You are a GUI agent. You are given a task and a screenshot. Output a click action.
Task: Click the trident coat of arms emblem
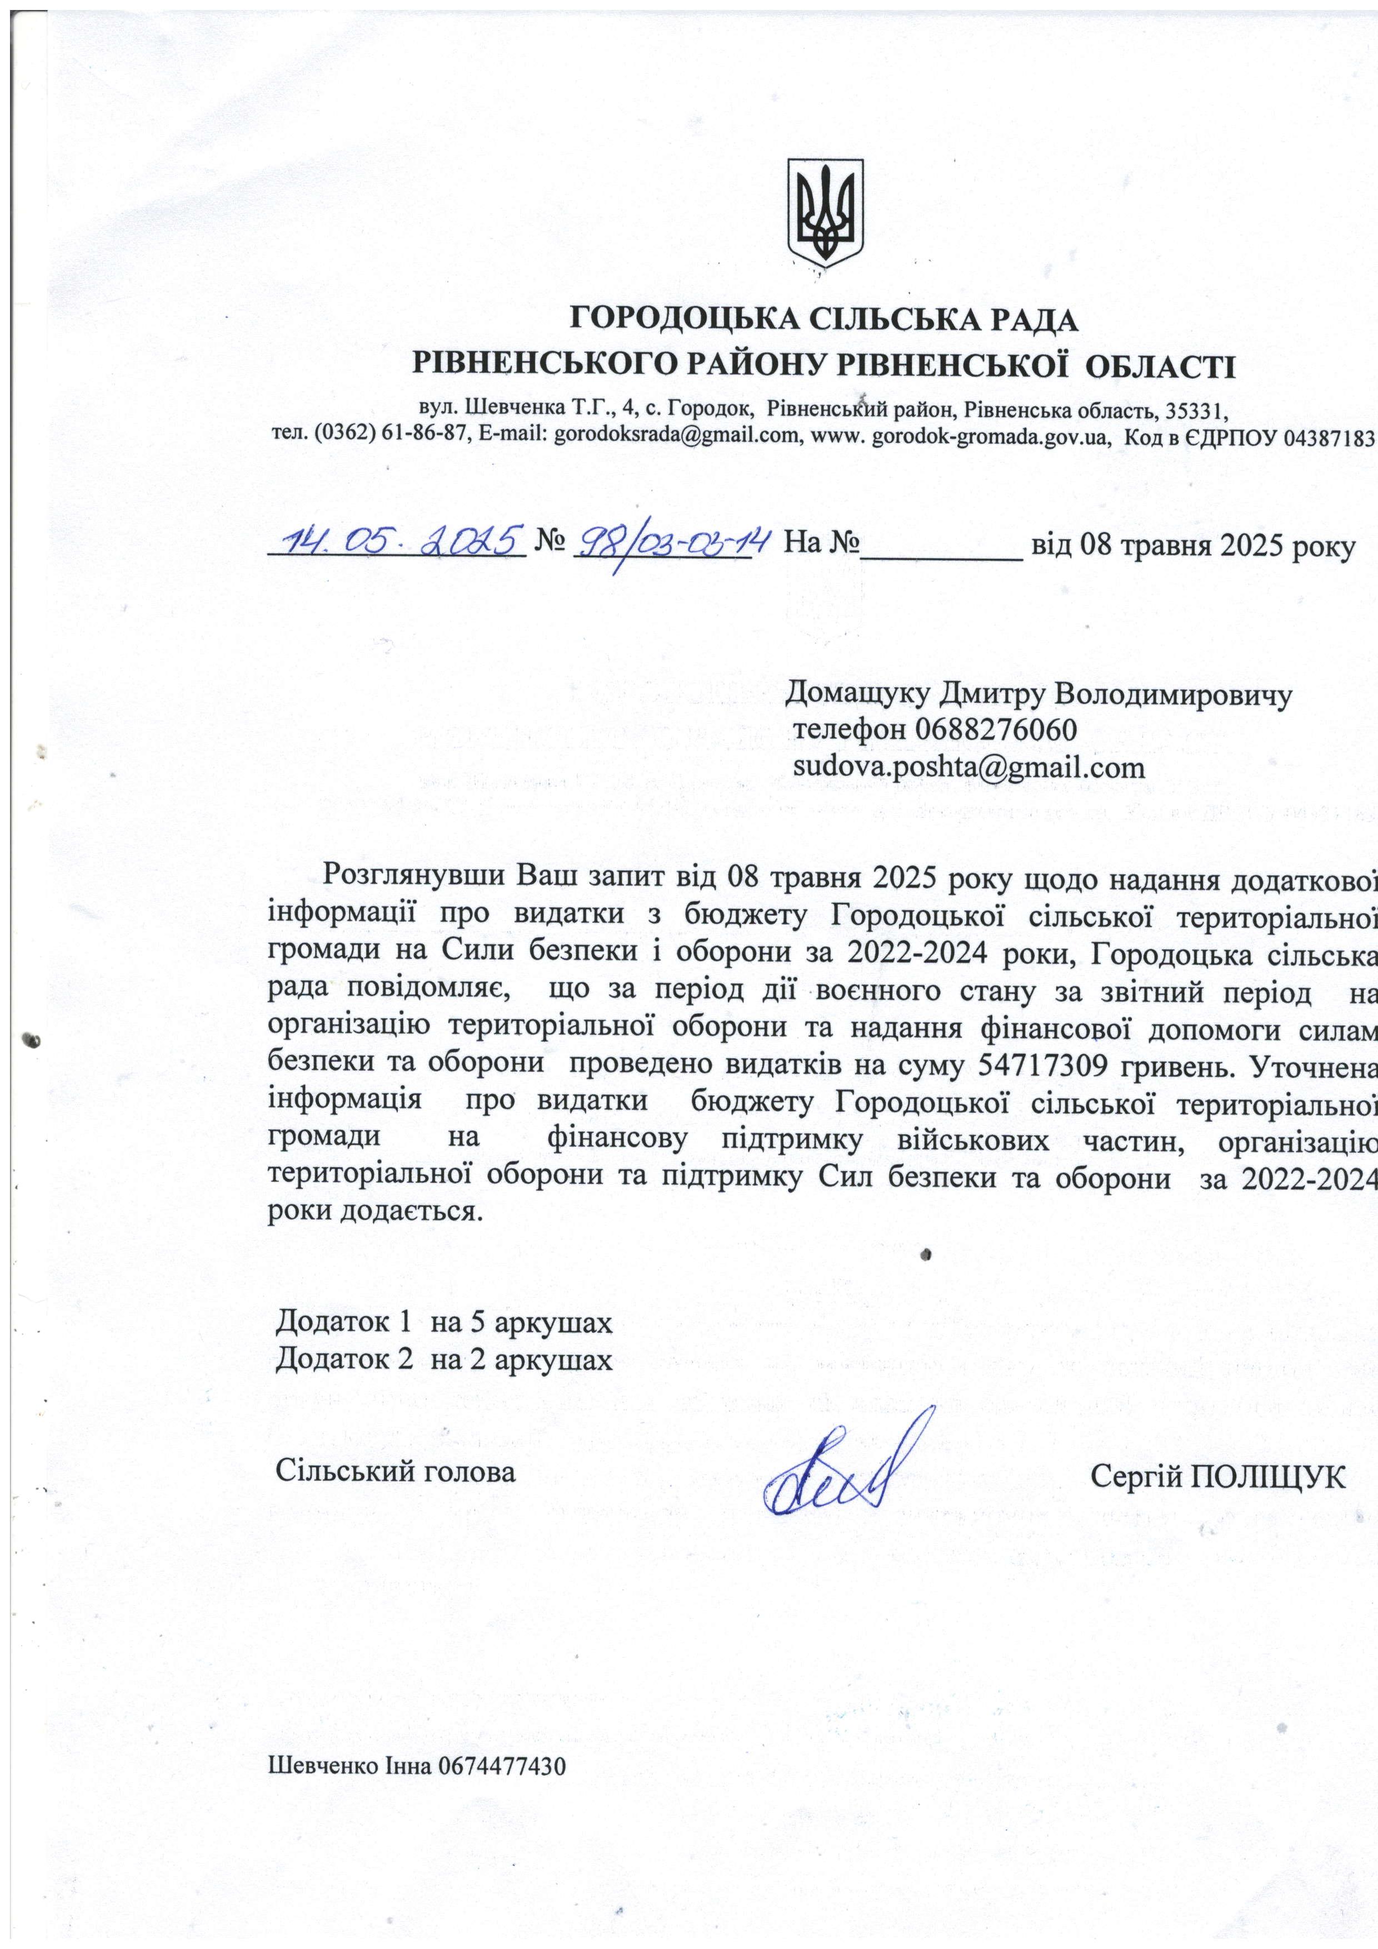tap(825, 212)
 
